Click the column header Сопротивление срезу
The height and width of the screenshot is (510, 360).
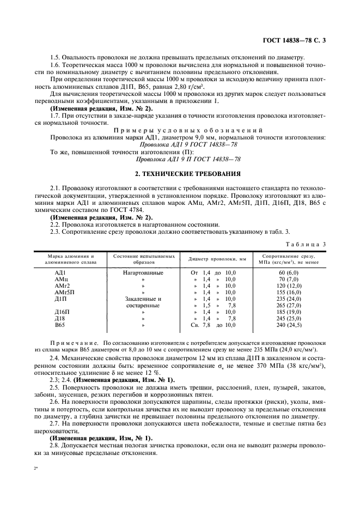tap(288, 256)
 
